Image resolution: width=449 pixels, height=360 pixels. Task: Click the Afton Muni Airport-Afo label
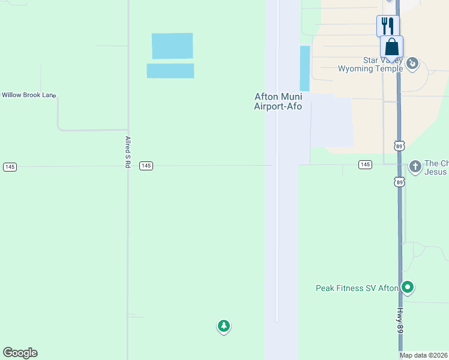[278, 101]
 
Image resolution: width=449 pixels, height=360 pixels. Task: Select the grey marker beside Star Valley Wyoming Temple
[412, 63]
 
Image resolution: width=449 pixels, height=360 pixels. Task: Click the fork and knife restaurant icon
[388, 26]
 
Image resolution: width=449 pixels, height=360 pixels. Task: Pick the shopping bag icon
[391, 47]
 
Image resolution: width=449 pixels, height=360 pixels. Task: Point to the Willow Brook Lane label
[28, 95]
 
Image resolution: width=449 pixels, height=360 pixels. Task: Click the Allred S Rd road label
[128, 151]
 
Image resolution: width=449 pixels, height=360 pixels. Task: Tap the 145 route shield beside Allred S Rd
[146, 166]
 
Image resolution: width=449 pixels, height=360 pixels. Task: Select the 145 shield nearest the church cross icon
[365, 164]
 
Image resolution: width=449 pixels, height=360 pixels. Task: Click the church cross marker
[415, 166]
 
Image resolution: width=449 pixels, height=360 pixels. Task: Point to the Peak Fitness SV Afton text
[357, 288]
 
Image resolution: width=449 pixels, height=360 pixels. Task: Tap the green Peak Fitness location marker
[408, 288]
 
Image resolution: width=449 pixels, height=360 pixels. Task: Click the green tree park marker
[223, 326]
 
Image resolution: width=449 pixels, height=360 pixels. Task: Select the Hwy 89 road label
[400, 323]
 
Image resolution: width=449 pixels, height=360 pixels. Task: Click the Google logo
[20, 353]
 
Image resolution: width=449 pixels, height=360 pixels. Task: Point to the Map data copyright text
[424, 355]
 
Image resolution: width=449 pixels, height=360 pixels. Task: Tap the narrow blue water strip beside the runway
[305, 68]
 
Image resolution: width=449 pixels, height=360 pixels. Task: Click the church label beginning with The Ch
[436, 167]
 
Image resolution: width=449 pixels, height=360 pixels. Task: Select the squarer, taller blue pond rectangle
[172, 46]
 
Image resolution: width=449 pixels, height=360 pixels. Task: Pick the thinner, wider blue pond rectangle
[170, 71]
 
